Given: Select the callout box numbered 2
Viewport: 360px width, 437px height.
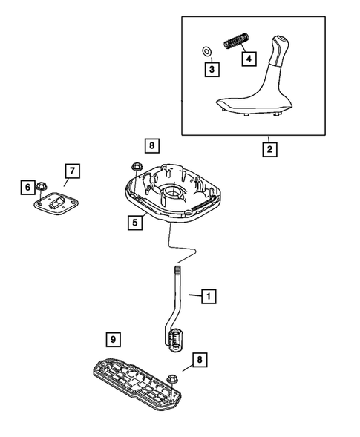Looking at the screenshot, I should click(x=269, y=149).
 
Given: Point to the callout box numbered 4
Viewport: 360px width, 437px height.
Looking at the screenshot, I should click(x=249, y=58).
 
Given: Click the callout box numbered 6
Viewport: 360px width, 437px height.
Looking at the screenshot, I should click(x=27, y=188).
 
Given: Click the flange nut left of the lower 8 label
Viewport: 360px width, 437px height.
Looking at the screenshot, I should click(x=171, y=376).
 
